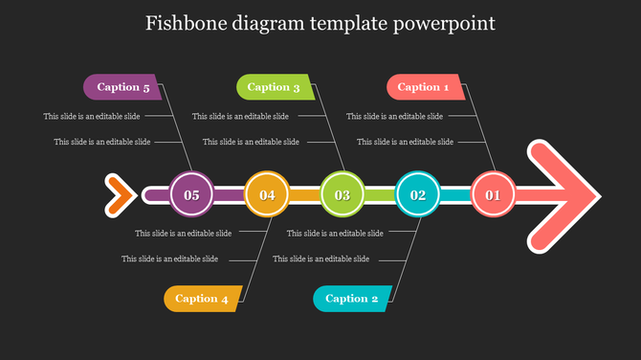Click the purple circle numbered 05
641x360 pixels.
191,195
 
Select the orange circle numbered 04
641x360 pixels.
267,195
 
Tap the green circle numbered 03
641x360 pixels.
343,195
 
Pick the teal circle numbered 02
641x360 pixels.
418,195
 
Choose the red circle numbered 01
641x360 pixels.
494,195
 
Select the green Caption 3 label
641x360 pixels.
274,87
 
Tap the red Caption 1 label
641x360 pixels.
424,87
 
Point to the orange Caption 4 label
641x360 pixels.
202,299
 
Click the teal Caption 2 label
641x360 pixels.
352,299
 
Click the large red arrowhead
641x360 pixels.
564,194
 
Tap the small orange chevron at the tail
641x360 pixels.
119,194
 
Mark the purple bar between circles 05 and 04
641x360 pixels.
229,195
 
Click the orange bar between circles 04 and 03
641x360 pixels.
304,195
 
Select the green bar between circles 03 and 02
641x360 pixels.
380,195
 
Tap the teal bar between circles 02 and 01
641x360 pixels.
455,195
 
